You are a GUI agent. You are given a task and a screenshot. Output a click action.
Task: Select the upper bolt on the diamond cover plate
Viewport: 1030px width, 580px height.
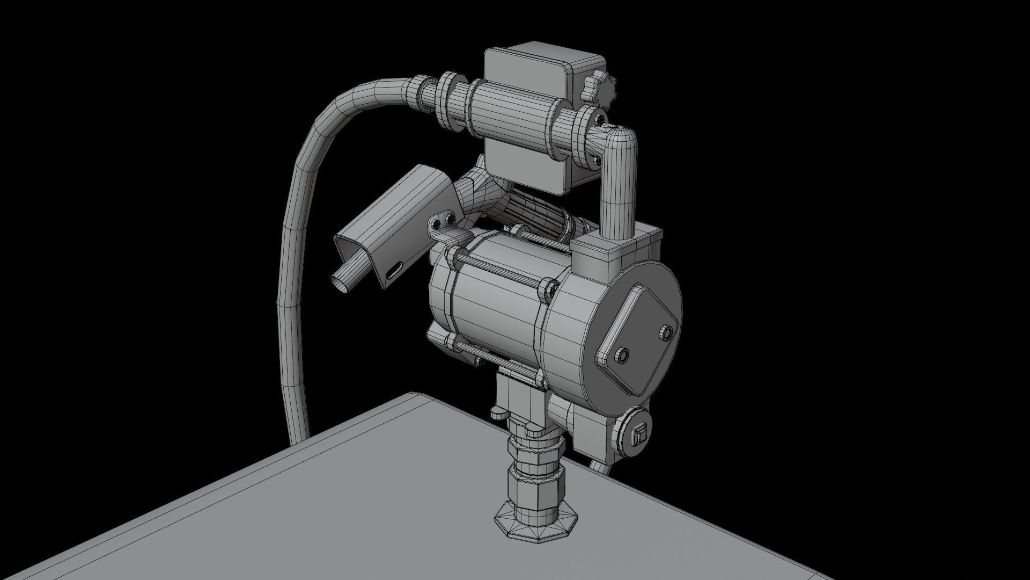click(x=667, y=333)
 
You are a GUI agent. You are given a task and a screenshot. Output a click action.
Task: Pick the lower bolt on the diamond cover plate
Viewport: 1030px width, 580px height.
click(x=622, y=355)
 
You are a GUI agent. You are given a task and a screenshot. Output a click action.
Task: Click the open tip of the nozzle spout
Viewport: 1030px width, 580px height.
click(x=340, y=283)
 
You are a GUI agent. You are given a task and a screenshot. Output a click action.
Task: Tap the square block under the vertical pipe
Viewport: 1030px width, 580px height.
click(x=606, y=263)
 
